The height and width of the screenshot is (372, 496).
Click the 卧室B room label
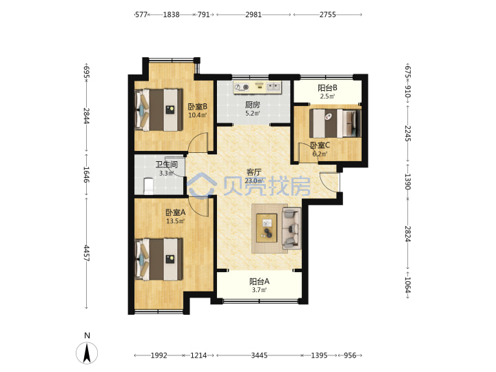click(198, 107)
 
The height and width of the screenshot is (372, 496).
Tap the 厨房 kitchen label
click(252, 105)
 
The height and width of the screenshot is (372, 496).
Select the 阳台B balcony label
click(327, 88)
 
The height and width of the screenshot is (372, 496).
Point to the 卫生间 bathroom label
click(167, 165)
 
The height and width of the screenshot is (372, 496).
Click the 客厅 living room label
click(254, 172)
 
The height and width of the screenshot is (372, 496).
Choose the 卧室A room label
click(176, 213)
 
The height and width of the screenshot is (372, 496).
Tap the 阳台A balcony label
click(260, 281)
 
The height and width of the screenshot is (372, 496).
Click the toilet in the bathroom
click(148, 186)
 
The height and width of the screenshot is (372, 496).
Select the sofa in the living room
click(291, 228)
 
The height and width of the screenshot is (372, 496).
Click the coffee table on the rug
click(267, 228)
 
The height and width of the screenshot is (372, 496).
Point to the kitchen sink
click(273, 86)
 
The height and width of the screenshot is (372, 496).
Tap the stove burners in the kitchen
click(242, 87)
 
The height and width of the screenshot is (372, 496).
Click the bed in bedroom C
click(335, 123)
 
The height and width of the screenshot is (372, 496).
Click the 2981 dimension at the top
click(254, 14)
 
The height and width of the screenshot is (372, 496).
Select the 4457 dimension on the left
click(87, 253)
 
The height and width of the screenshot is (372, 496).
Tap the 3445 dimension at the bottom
click(260, 355)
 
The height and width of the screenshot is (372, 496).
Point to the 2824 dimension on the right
click(408, 234)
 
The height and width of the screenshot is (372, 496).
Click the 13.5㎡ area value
click(176, 221)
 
